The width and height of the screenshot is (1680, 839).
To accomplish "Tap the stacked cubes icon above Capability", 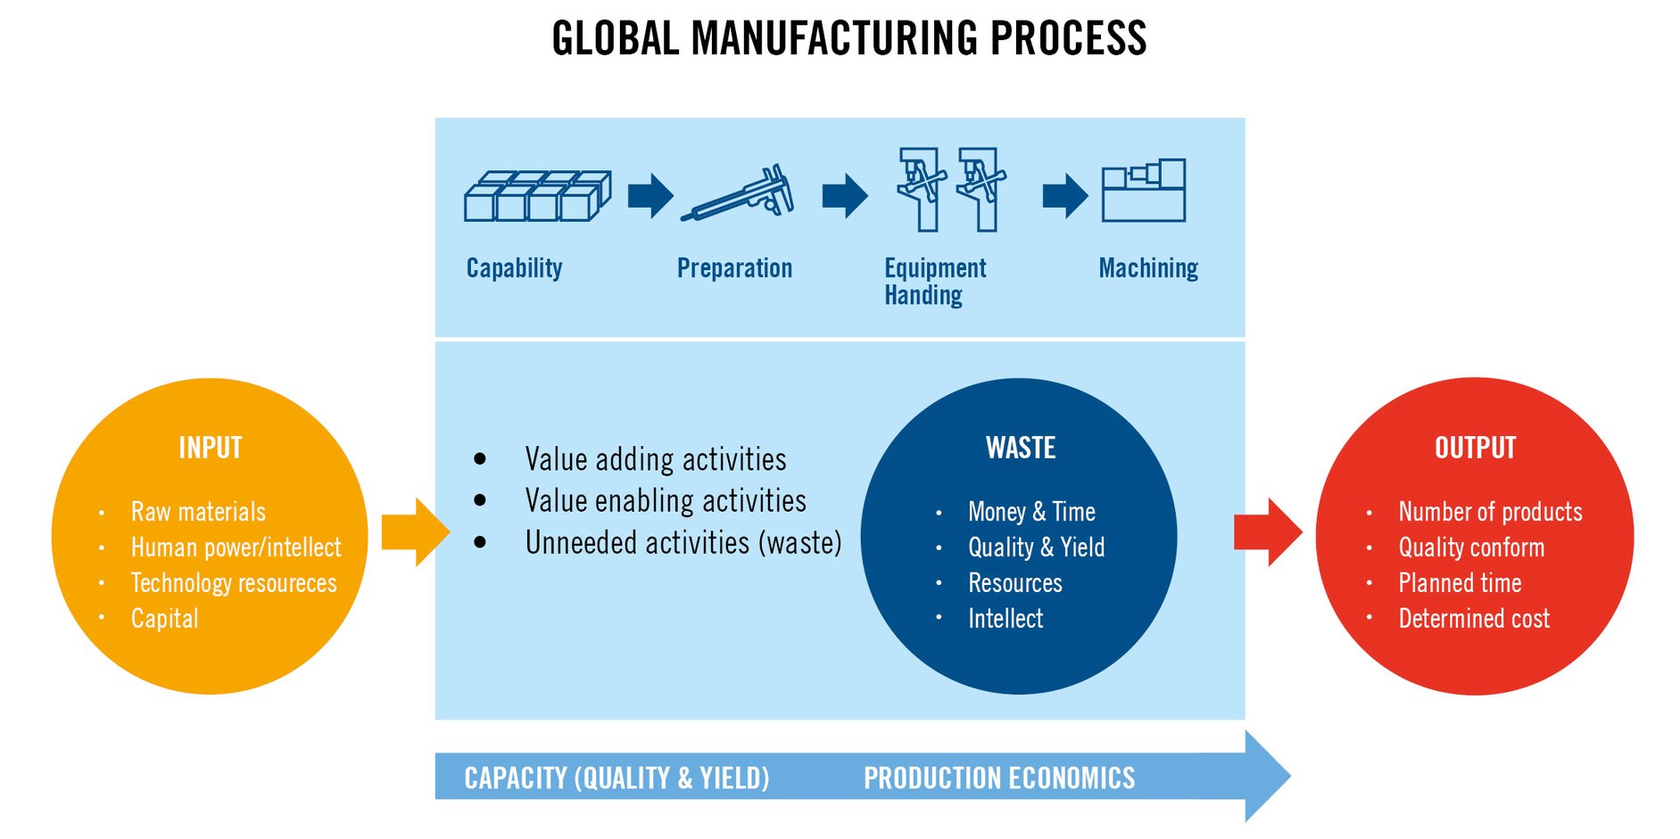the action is (538, 196).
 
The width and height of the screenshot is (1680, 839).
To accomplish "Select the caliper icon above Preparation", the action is (738, 193).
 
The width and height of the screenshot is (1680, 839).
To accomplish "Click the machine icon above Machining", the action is (1144, 190).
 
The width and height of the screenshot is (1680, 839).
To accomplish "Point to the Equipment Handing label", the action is (935, 281).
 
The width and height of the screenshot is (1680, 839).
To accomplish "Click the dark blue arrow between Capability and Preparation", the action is (650, 195).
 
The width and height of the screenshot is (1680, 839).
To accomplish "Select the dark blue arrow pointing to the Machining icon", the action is (1065, 195).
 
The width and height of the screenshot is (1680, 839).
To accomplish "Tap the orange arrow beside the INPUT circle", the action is (416, 532).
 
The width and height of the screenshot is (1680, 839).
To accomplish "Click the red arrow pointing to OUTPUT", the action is (1268, 532).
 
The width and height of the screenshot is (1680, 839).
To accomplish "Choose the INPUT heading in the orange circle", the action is (211, 448).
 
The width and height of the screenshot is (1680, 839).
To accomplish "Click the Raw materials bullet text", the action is (198, 512).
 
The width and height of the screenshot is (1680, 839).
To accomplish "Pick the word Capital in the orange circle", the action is (165, 619).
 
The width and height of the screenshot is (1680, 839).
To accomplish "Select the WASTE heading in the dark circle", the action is (1021, 448).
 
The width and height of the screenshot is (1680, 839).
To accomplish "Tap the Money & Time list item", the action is (1031, 512).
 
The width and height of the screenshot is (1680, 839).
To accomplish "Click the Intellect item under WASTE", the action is (1006, 619).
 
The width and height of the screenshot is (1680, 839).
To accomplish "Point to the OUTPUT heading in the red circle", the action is (1476, 448).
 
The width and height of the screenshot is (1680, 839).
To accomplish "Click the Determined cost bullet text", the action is (1474, 619).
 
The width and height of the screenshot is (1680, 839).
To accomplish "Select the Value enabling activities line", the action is (666, 501).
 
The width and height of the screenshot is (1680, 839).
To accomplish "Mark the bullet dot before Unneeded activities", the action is (480, 542).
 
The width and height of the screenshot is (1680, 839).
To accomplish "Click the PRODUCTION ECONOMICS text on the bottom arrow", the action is (999, 778).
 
